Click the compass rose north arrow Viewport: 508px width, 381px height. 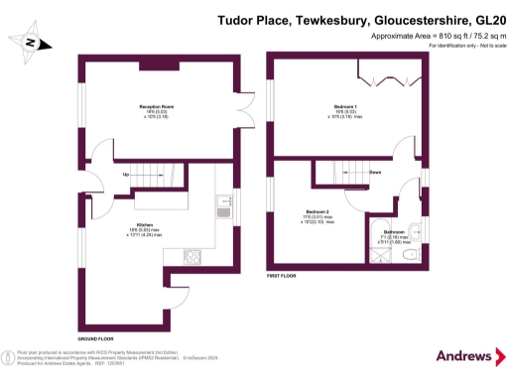tap(34, 43)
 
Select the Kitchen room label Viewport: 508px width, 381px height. tap(144, 225)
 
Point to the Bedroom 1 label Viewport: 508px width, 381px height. tap(346, 104)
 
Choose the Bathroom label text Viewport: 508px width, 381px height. tap(395, 233)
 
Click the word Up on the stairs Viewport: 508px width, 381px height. tap(126, 176)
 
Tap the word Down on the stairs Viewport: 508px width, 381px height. tap(375, 172)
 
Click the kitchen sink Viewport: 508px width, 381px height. tap(223, 209)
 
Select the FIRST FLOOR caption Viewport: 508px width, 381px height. tap(285, 276)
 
